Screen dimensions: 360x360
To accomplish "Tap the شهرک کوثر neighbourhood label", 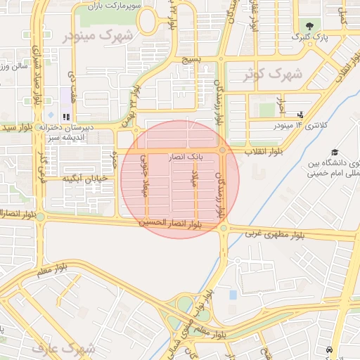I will coord(274,72).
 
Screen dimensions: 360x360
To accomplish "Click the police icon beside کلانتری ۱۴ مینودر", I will coord(301,115).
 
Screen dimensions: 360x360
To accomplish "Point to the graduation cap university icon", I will coord(335,152).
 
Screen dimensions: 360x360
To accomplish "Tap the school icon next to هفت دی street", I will coord(66,117).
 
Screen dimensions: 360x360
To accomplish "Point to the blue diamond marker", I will coord(50,115).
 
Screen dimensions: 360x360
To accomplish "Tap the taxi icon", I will coord(328,349).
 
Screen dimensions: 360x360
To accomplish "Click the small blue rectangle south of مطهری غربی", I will coord(233,294).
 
